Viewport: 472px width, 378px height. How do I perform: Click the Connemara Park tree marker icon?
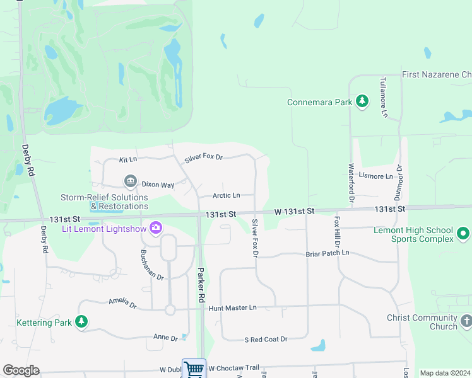362,101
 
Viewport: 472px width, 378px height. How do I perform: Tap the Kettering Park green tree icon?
81,322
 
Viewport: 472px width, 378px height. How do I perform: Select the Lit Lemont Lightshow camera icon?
156,227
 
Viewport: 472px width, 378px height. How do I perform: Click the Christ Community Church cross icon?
466,321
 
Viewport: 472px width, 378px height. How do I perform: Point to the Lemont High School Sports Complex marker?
464,234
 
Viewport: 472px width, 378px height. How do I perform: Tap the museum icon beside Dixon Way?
131,182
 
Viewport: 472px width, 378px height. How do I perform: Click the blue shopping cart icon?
194,369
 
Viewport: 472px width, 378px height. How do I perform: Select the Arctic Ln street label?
227,196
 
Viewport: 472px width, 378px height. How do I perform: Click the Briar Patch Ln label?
327,253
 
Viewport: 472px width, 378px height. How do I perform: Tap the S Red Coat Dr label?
266,340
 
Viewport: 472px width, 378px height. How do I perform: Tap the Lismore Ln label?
375,176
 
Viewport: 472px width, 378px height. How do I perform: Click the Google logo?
21,370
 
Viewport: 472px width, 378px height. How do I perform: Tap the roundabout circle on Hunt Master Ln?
170,310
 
